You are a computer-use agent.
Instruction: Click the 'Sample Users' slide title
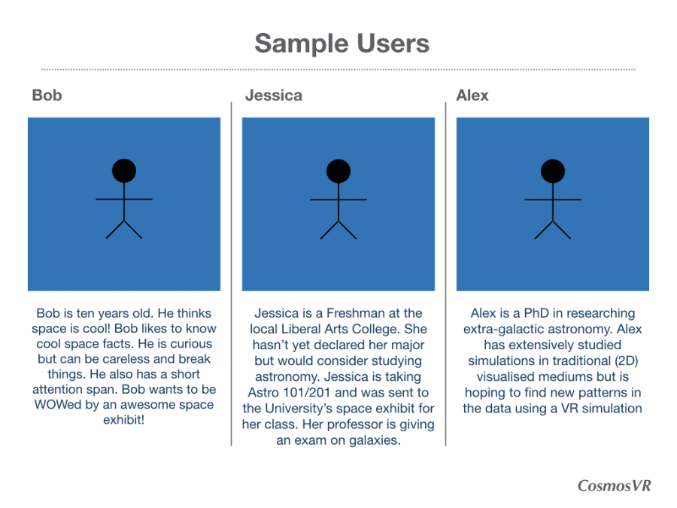(x=342, y=44)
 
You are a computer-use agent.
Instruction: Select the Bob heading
(x=47, y=95)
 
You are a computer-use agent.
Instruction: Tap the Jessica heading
(x=274, y=95)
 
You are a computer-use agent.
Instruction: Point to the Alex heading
(x=472, y=95)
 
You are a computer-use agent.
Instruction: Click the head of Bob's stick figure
(x=124, y=171)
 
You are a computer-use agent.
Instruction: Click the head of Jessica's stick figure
(x=338, y=171)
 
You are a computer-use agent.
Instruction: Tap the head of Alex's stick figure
(x=553, y=171)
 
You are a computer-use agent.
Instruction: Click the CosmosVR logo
(x=614, y=485)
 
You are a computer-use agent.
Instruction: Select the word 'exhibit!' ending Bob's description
(x=123, y=420)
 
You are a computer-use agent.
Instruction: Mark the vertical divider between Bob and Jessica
(x=232, y=274)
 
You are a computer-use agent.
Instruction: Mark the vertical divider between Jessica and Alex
(x=445, y=274)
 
